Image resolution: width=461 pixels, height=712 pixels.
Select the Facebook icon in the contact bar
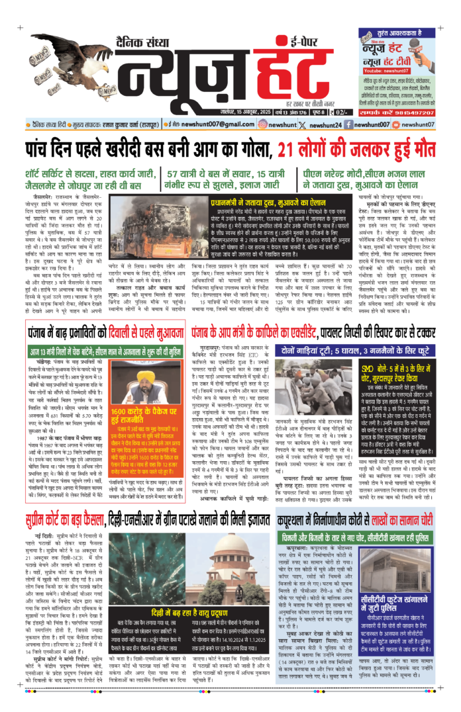click(354, 124)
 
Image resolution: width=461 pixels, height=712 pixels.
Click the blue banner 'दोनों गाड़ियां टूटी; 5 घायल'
click(325, 349)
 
